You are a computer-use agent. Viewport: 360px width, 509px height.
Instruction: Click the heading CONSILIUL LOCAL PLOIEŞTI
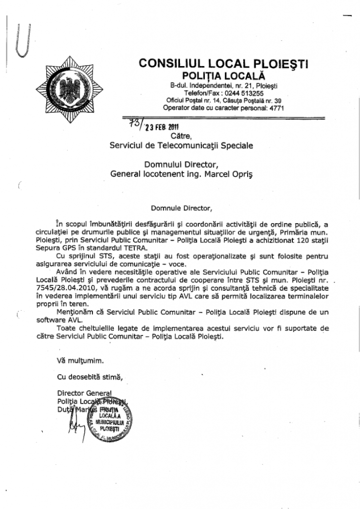(x=224, y=64)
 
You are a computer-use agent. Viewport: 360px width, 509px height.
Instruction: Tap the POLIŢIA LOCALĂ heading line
(x=224, y=76)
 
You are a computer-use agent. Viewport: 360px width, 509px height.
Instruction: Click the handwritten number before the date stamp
(x=135, y=123)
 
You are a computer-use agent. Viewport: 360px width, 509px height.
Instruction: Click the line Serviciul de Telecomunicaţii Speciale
(x=181, y=146)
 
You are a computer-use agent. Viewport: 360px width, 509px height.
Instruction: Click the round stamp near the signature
(x=110, y=419)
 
